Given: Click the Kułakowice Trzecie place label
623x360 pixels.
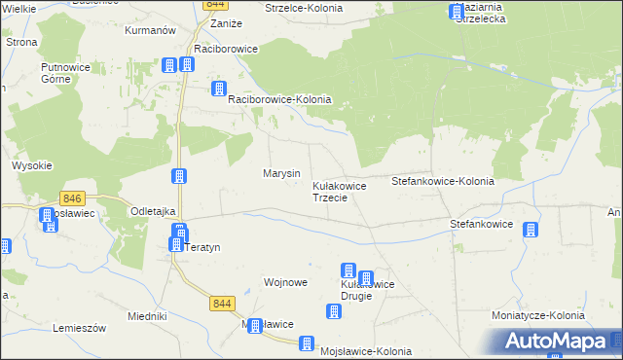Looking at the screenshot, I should pos(338,191).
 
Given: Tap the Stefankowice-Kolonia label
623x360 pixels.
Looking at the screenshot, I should pos(442,182).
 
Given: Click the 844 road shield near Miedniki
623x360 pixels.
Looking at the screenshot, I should pos(222,304).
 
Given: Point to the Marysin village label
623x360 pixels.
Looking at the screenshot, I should pos(281,173).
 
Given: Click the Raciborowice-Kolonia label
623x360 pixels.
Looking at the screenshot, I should pos(279,100).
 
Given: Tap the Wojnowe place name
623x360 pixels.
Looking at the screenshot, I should pos(286,282).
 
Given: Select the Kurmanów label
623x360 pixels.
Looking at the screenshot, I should pos(151,31).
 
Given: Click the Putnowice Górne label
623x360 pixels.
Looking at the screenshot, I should pos(60,73).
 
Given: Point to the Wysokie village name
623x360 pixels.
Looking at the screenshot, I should pos(32,165).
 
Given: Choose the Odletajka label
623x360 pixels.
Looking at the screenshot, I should pos(153,211).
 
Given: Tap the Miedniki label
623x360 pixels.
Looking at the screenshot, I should pos(148,317).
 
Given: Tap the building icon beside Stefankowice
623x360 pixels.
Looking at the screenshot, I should pos(530,230).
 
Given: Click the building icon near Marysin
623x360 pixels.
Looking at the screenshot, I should pos(179,176).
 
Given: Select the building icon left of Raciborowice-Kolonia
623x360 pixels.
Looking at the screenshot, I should pos(219,90).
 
